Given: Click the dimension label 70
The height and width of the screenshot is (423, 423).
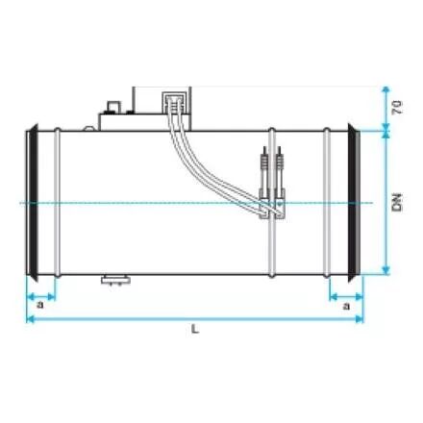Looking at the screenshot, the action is tap(397, 108).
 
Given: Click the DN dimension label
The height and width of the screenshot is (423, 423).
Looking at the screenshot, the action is tap(397, 202).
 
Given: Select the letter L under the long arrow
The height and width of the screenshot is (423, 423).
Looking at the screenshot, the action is tap(195, 329).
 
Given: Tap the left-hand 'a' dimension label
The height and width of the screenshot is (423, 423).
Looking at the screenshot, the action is tap(39, 305).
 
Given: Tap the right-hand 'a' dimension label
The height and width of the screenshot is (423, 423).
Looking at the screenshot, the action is tap(346, 307).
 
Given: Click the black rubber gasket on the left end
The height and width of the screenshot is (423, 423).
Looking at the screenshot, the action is tap(33, 203).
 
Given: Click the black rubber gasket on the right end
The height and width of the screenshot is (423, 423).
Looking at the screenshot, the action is tap(353, 203).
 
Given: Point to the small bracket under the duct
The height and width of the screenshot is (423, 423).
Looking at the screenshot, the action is tap(115, 280).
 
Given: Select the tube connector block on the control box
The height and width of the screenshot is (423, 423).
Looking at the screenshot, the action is tap(174, 102).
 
